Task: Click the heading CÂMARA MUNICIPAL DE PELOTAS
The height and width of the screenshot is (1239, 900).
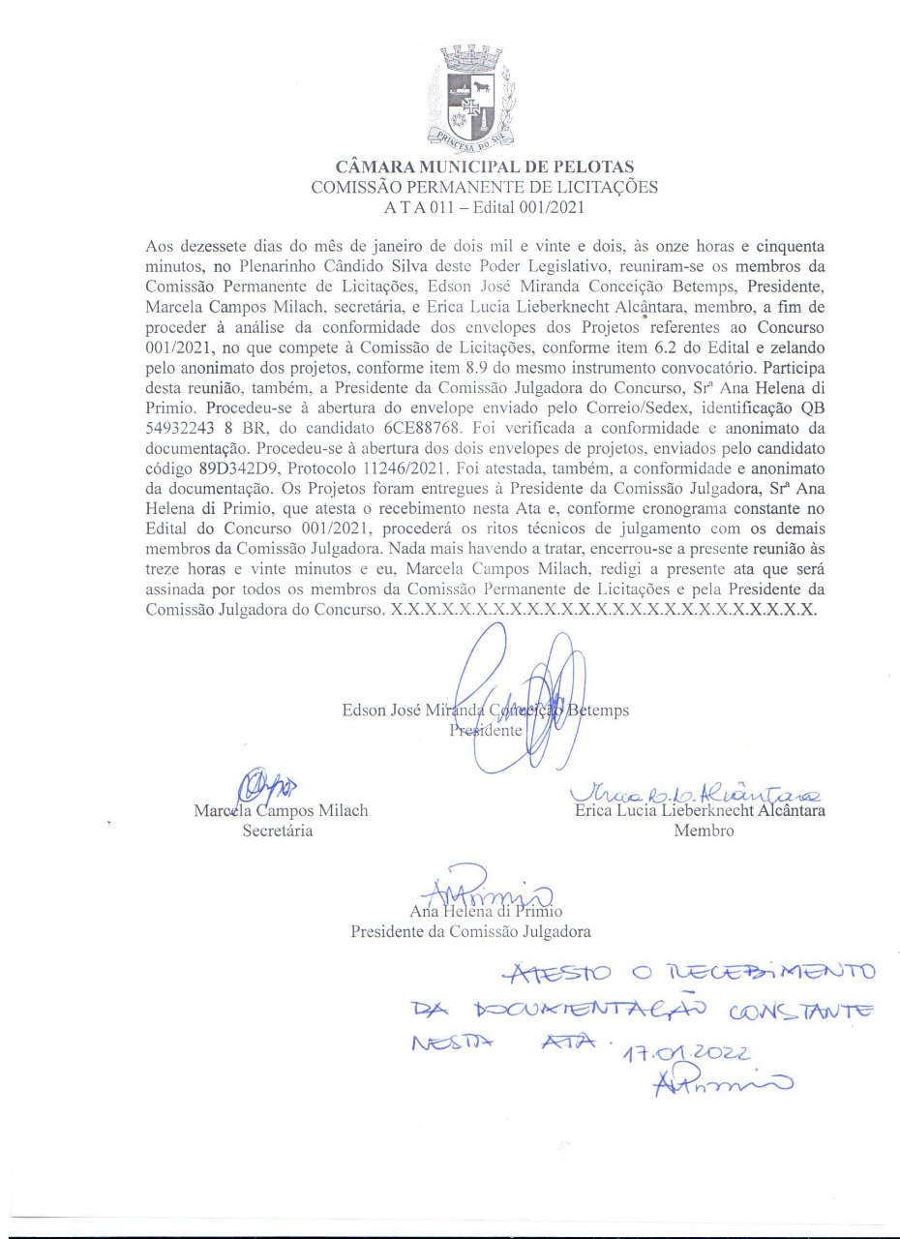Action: (x=484, y=168)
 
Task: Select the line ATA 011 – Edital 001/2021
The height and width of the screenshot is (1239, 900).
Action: (x=484, y=205)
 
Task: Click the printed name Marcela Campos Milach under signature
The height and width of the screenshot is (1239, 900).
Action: (x=281, y=811)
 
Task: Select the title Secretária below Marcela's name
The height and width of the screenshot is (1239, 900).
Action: (x=278, y=831)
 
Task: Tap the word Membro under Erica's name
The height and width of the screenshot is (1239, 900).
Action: (x=704, y=831)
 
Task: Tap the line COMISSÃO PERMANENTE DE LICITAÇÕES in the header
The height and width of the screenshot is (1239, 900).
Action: (x=484, y=187)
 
